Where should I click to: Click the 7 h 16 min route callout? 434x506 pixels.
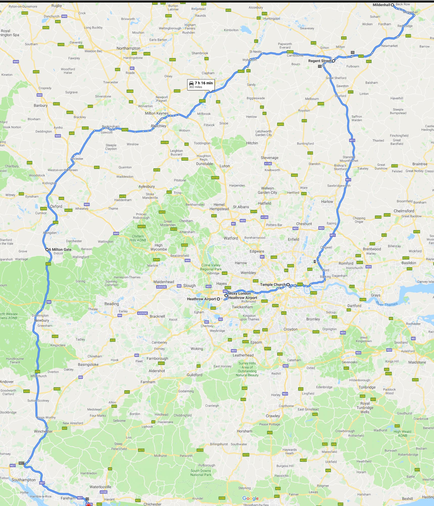tap(201, 85)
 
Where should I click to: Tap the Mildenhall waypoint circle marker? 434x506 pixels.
tap(392, 5)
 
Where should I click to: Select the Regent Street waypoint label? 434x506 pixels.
tap(320, 61)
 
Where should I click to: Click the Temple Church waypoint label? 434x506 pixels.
tap(273, 285)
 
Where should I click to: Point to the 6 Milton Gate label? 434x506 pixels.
tap(60, 249)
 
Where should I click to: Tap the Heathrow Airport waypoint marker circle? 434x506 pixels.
tap(218, 299)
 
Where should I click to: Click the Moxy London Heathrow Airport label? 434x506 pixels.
tap(242, 295)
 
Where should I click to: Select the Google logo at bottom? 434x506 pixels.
tap(250, 498)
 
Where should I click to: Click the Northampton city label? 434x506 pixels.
tap(128, 48)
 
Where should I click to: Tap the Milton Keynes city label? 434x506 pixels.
tap(157, 113)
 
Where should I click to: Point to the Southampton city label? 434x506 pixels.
tap(23, 480)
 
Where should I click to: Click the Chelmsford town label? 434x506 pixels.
tap(404, 211)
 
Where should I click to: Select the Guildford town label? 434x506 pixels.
tap(195, 375)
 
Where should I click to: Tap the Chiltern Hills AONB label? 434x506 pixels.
tap(138, 238)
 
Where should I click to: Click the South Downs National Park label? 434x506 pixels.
tap(201, 473)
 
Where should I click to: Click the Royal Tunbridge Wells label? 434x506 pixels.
tap(365, 408)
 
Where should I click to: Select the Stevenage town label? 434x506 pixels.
tap(270, 158)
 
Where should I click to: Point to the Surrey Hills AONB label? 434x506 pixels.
tap(247, 369)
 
